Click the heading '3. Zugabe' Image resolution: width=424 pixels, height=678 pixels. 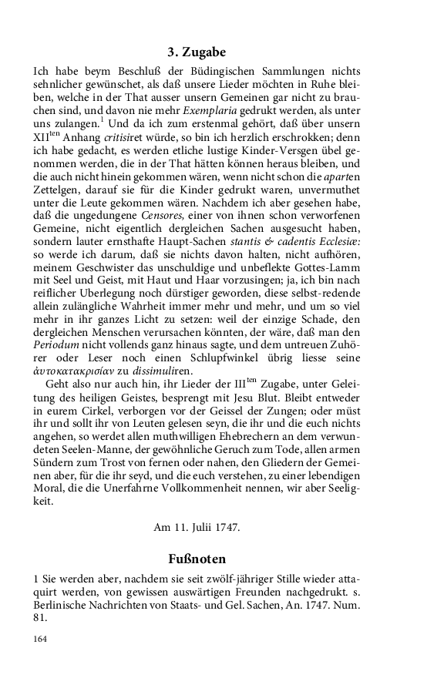(x=197, y=52)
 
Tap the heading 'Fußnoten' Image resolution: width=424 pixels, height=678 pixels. (x=197, y=557)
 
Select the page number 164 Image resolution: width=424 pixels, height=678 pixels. (x=41, y=639)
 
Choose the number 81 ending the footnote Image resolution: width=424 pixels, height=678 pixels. (x=41, y=617)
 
